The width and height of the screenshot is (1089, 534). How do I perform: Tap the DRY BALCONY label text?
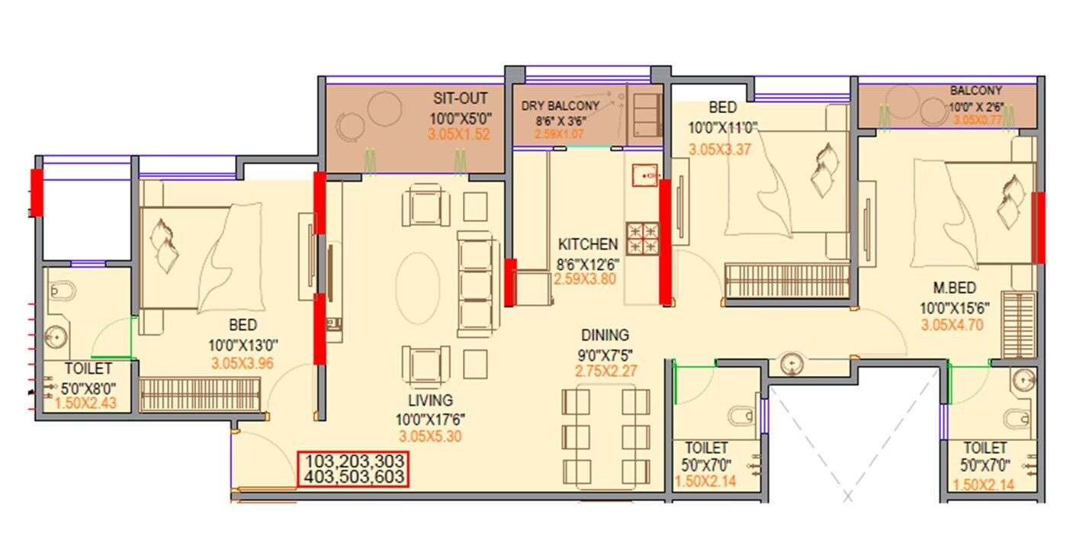tap(561, 106)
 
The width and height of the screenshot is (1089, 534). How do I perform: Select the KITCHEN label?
tap(588, 245)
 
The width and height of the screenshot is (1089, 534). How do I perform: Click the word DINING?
tap(605, 335)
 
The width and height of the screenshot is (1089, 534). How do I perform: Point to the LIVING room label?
tap(429, 400)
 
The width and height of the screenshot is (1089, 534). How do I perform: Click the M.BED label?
tap(955, 288)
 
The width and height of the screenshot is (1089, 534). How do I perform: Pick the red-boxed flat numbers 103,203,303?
tap(353, 462)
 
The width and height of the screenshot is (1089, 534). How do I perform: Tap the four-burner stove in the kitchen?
tap(643, 238)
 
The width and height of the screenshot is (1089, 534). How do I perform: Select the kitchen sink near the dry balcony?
tap(644, 176)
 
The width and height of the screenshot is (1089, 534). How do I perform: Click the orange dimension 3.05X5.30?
tap(430, 437)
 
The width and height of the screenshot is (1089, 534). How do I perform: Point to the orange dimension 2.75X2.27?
tap(606, 372)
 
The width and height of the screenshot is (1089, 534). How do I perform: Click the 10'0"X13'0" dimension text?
tap(241, 345)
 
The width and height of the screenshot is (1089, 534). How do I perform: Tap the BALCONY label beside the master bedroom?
tap(976, 91)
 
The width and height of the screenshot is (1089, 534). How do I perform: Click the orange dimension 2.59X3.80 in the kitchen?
tap(586, 279)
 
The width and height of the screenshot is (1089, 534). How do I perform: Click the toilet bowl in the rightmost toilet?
tap(1016, 418)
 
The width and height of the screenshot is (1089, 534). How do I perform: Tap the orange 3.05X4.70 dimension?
tap(952, 324)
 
